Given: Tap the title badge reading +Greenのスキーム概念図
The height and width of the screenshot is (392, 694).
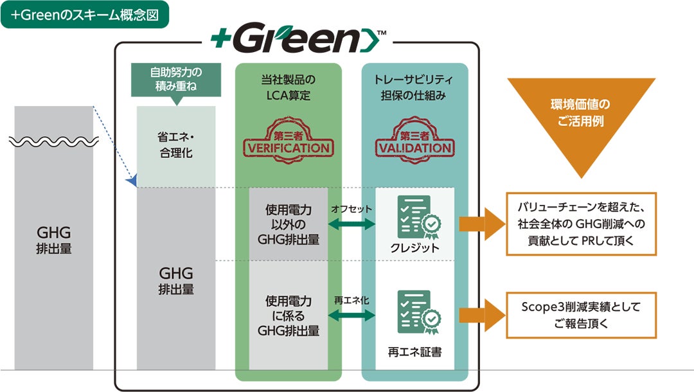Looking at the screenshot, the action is tap(85, 15).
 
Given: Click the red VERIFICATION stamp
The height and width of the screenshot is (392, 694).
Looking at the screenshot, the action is tap(289, 140).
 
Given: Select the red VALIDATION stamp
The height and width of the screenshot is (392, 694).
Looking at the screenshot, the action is tap(414, 140).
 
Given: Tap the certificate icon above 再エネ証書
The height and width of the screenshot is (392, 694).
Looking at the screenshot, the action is tap(418, 312).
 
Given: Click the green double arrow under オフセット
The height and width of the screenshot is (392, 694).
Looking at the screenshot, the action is tap(351, 224).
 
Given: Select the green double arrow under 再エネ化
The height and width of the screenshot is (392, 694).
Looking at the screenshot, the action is tap(351, 316).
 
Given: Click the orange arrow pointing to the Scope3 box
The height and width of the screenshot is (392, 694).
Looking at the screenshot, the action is tap(481, 315).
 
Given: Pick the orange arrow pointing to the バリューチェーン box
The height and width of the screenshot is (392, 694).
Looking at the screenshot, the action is tap(481, 224).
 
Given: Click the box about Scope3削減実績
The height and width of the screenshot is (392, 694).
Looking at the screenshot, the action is tap(581, 315).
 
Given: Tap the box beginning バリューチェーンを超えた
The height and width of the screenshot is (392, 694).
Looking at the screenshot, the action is tap(581, 224).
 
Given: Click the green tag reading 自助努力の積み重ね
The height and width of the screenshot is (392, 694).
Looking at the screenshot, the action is tap(175, 80).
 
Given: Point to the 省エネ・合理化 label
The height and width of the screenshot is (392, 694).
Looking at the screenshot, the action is tap(175, 145).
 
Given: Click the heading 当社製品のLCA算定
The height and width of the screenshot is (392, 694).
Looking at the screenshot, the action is tap(288, 87).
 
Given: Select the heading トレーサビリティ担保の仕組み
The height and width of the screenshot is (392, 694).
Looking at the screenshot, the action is tap(414, 87).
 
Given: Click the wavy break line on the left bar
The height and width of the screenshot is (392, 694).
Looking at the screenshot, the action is tap(54, 141).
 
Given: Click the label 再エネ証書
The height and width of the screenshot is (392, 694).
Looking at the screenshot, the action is tap(414, 352).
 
